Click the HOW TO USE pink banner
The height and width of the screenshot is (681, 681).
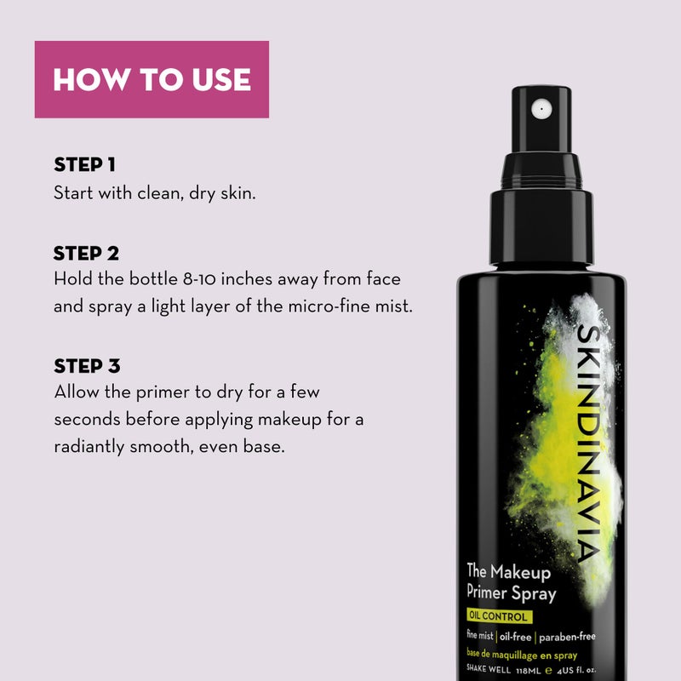[x=152, y=79]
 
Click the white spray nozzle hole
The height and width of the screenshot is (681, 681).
[x=538, y=108]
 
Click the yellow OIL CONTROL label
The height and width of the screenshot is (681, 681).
[x=498, y=616]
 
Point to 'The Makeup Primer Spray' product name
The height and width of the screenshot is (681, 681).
[x=511, y=583]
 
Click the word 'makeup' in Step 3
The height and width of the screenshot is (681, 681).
[x=284, y=421]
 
